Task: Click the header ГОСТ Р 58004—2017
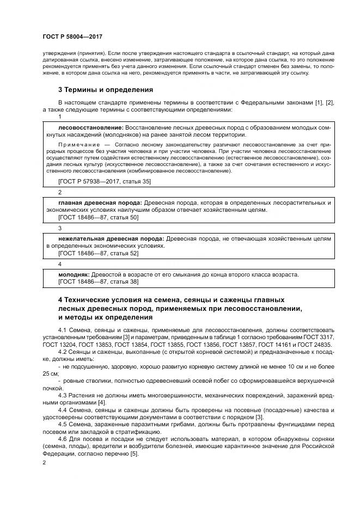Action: tap(72, 36)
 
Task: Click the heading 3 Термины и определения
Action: tap(105, 89)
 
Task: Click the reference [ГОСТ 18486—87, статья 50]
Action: tap(98, 217)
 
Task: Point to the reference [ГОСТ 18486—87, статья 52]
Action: tap(98, 253)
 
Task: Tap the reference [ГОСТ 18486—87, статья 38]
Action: tap(98, 281)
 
